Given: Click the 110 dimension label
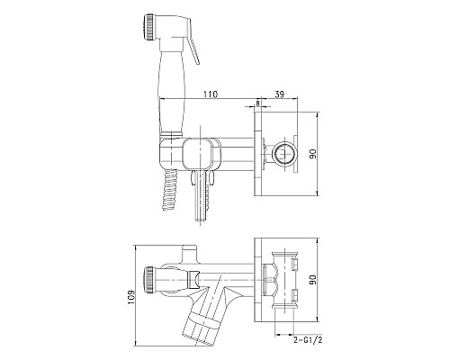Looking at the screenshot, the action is click(211, 94).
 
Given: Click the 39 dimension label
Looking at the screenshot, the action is click(279, 94).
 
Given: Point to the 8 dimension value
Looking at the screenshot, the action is click(257, 103).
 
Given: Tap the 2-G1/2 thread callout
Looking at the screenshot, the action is click(308, 340).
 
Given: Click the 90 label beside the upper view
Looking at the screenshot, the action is click(313, 154).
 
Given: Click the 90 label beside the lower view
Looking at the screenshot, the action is click(313, 280).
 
